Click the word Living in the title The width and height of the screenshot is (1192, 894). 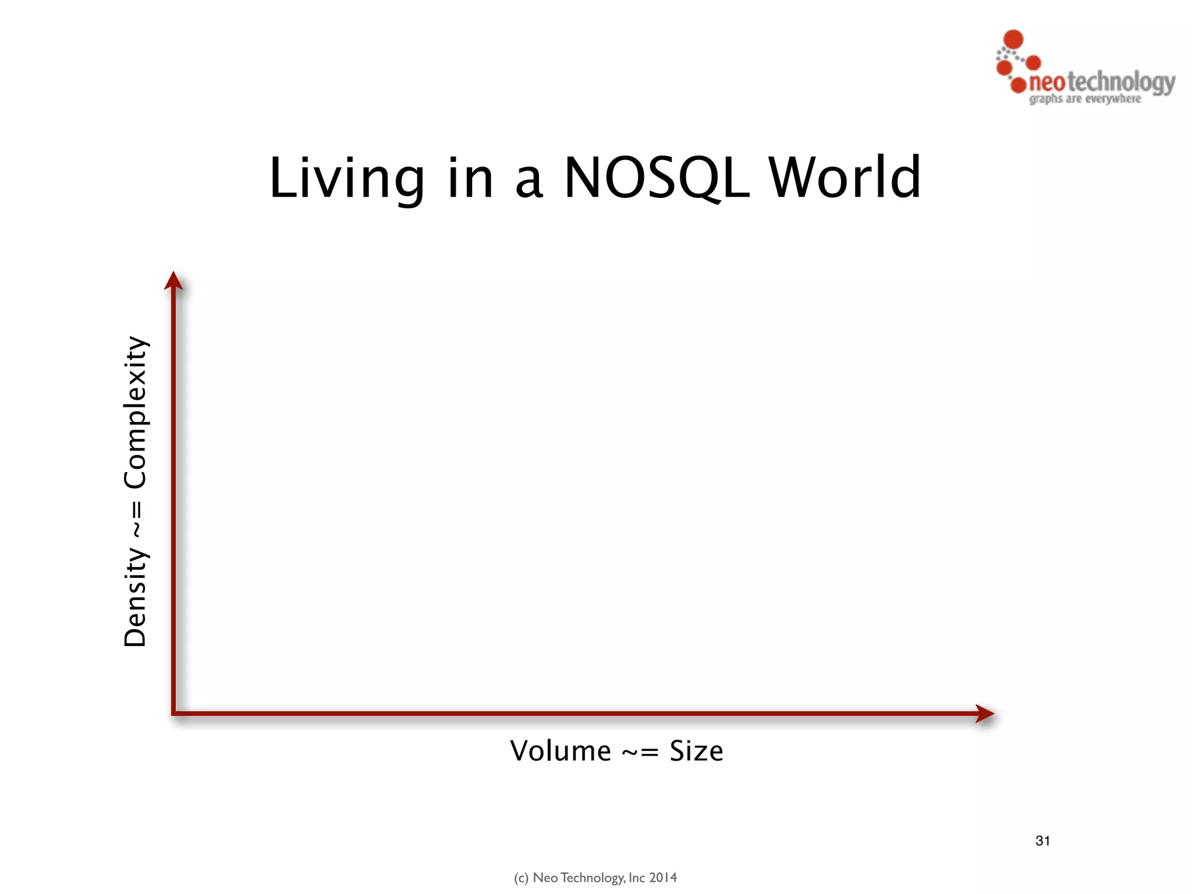click(x=347, y=179)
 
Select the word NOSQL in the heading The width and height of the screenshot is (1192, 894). click(x=657, y=179)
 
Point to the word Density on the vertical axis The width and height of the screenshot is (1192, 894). click(x=136, y=597)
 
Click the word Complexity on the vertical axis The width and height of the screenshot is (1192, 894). click(x=136, y=412)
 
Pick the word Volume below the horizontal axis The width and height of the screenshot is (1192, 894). click(x=560, y=751)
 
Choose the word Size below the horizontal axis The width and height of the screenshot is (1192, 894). click(x=696, y=751)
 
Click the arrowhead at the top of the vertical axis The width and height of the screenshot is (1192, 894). click(x=173, y=281)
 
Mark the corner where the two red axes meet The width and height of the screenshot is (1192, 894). click(x=174, y=712)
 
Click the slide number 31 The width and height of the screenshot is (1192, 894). click(x=1042, y=840)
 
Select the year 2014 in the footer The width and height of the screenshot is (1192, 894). click(x=663, y=878)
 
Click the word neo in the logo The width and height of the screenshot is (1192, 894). click(x=1047, y=83)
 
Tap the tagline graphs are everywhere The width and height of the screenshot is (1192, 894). click(x=1085, y=99)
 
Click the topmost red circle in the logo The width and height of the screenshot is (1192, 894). click(x=1014, y=39)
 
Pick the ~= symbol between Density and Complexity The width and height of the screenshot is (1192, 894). click(x=136, y=519)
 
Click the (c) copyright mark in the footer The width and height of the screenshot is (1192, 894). click(x=521, y=878)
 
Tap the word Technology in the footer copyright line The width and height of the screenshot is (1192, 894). click(x=592, y=878)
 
